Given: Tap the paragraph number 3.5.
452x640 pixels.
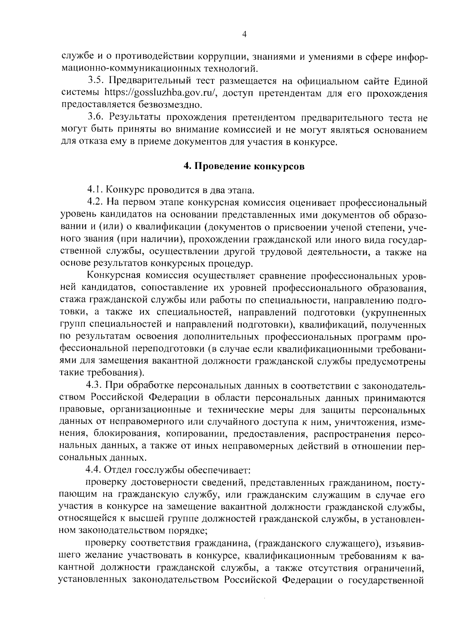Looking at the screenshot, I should tap(96, 81).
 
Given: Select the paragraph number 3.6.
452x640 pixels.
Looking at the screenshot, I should tap(96, 118).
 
